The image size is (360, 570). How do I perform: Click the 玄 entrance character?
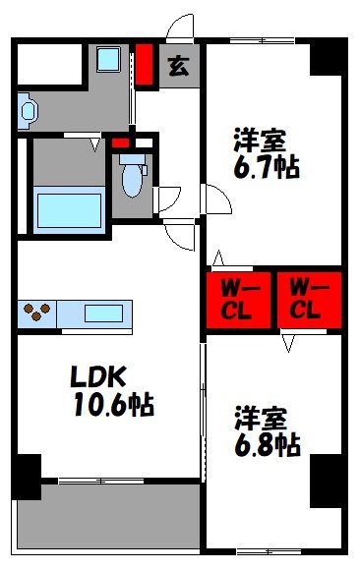point(178,67)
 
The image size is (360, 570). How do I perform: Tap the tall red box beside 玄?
point(145,66)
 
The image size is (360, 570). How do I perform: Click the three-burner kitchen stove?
point(37,314)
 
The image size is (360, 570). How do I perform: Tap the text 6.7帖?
point(267,166)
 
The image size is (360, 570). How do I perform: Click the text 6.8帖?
point(267,445)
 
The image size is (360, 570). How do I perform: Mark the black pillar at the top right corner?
point(328,58)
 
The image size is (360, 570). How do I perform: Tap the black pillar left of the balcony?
point(27,477)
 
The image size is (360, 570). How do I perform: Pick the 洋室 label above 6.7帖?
point(253,138)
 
